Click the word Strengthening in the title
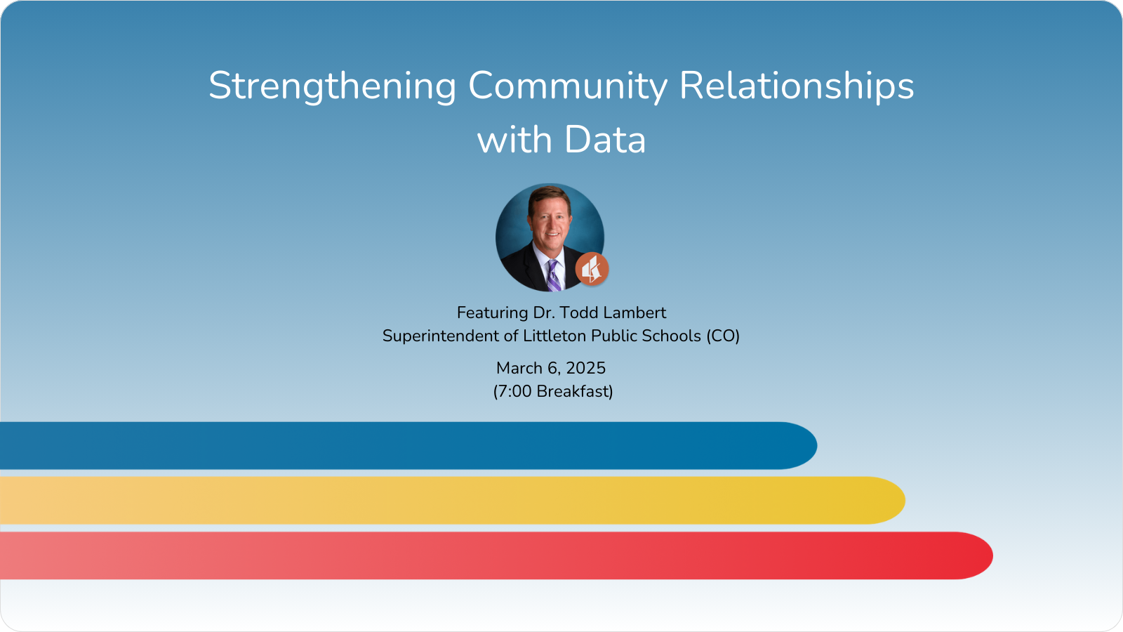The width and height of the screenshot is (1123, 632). tap(333, 86)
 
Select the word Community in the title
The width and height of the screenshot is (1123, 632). tap(568, 86)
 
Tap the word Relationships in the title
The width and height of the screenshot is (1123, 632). tap(797, 86)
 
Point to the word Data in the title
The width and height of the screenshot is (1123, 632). tap(605, 140)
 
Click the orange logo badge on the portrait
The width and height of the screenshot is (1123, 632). tap(592, 269)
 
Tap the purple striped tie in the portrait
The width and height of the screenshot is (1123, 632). tap(553, 275)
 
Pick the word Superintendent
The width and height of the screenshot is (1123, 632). tap(441, 336)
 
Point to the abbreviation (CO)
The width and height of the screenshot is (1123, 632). tap(723, 336)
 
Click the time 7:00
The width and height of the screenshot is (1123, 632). tap(514, 391)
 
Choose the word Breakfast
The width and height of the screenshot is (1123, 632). tap(573, 391)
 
